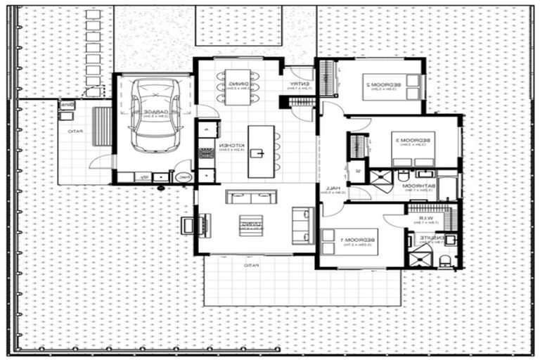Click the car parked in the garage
[155, 115]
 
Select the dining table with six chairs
[238, 88]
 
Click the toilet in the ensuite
[444, 262]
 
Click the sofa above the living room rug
[251, 197]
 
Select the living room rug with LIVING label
[250, 224]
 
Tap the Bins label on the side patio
[67, 105]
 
